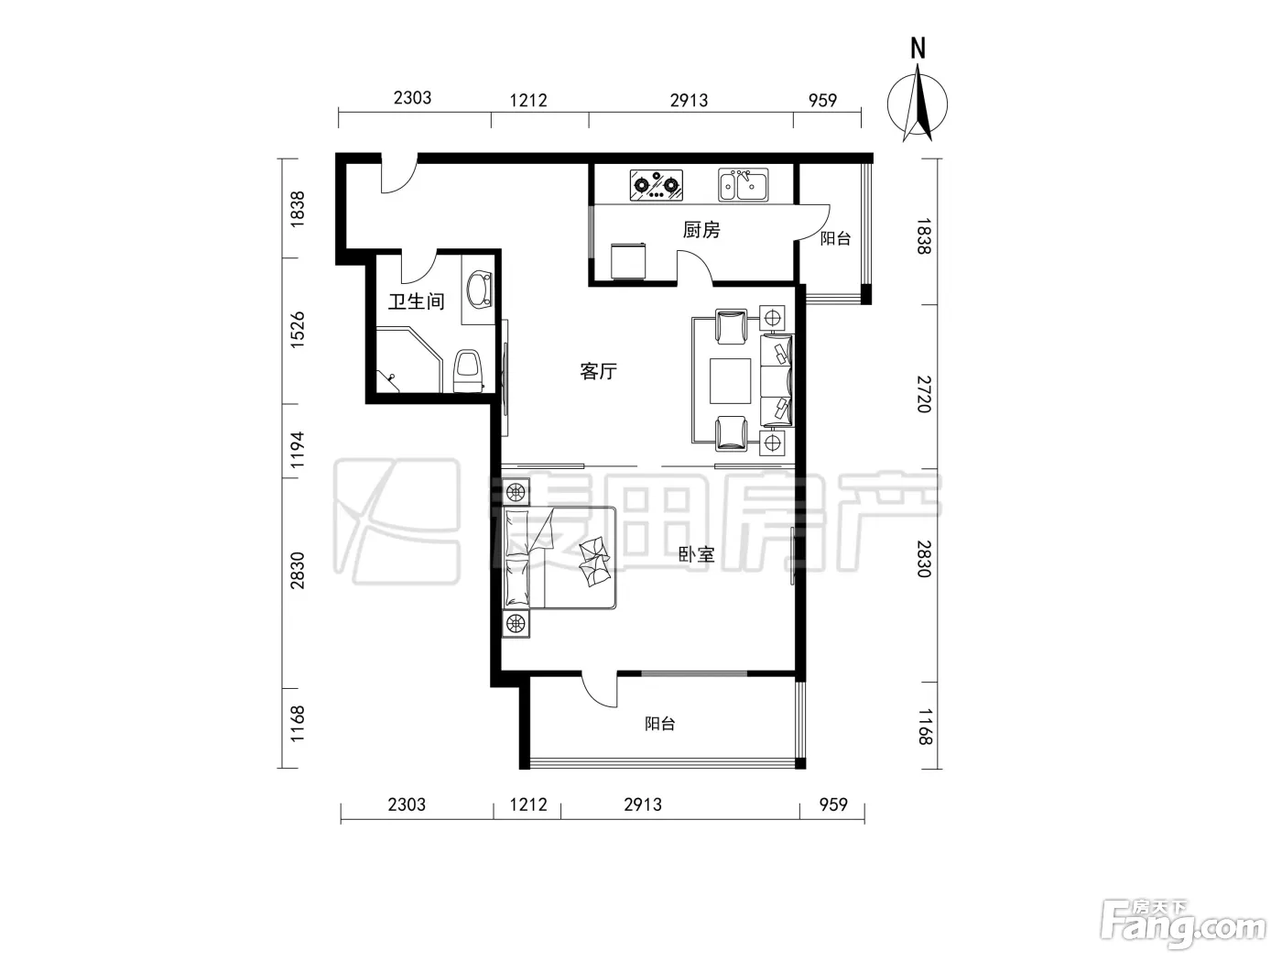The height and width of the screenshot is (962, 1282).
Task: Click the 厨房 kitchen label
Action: tap(701, 230)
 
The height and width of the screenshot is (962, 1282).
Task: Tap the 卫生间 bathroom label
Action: tap(417, 301)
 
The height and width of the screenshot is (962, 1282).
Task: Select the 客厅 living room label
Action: tap(598, 371)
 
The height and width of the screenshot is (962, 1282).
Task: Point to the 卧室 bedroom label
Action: tap(696, 554)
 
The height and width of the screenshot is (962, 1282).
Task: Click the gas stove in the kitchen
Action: tap(656, 186)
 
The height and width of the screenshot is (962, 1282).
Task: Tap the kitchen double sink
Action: tap(743, 184)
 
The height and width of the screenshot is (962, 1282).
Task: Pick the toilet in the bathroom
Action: tap(468, 371)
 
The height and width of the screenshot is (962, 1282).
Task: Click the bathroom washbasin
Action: tap(481, 289)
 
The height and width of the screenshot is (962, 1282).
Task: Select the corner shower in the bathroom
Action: tap(407, 360)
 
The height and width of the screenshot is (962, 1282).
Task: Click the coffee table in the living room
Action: tap(730, 381)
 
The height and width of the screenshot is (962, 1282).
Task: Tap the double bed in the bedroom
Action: tap(560, 558)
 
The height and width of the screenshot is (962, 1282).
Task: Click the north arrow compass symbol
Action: tap(917, 104)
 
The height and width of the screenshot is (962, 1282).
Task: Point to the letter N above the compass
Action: tap(918, 48)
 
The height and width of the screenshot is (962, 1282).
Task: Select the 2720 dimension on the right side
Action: tap(924, 394)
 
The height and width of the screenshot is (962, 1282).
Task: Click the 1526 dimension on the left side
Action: tap(298, 330)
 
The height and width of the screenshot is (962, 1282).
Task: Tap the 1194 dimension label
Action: tap(298, 449)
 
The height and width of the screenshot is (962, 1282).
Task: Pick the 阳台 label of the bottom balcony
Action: tap(660, 724)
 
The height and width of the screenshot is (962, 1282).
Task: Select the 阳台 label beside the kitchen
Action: tap(835, 238)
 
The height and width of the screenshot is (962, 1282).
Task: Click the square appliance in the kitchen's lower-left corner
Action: tap(628, 261)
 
